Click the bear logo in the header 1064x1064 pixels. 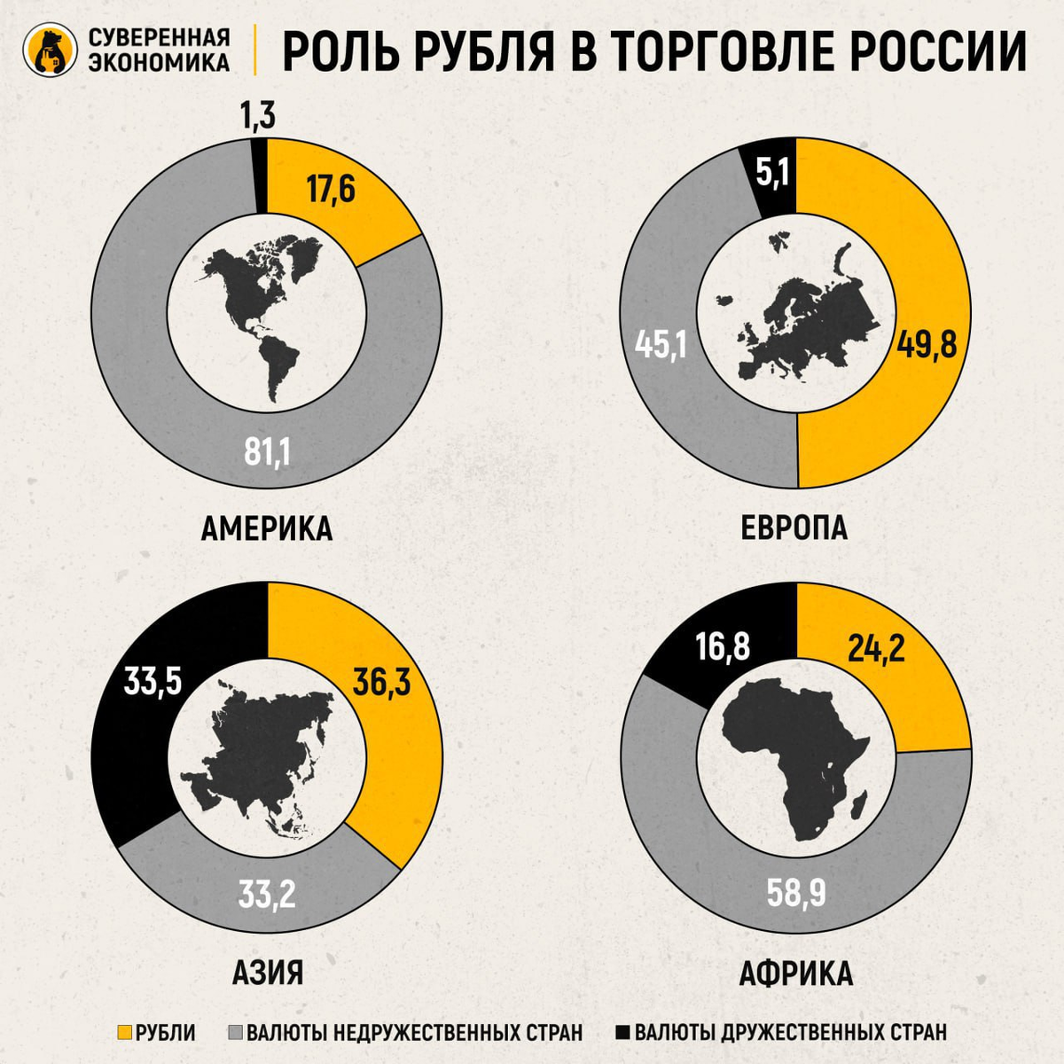[x=49, y=51]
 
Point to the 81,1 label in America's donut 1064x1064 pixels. [x=267, y=453]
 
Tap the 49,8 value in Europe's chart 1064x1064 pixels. [x=927, y=342]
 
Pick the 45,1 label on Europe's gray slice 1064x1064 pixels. [x=660, y=344]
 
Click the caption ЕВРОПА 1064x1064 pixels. [x=794, y=528]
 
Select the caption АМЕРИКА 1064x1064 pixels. [x=266, y=528]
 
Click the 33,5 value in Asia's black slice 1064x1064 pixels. [x=153, y=683]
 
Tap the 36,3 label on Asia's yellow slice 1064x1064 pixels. [x=381, y=683]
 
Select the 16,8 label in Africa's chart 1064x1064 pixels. [x=723, y=647]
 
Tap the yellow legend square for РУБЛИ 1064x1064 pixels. [x=124, y=1032]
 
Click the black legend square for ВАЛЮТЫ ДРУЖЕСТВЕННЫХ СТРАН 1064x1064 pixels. [x=622, y=1032]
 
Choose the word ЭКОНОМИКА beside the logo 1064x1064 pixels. [x=159, y=62]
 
